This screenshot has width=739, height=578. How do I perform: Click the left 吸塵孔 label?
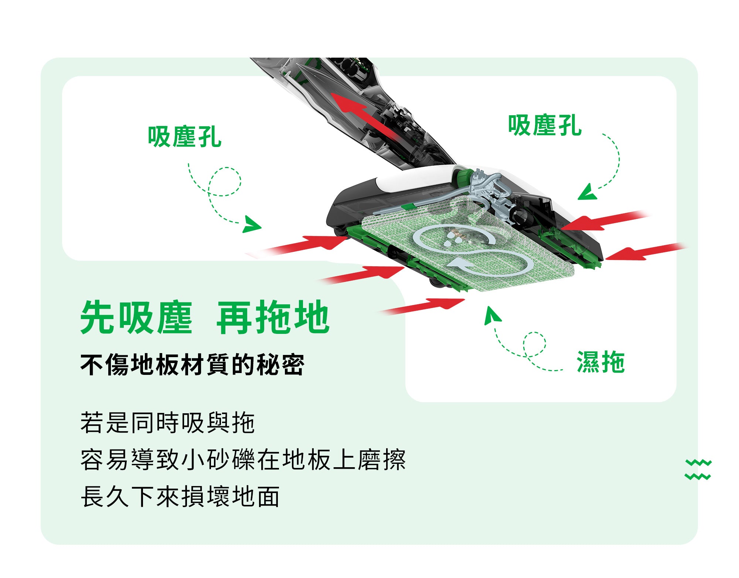(x=184, y=137)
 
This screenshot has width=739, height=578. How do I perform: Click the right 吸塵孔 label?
(x=545, y=125)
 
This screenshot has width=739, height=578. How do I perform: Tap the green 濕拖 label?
(x=600, y=362)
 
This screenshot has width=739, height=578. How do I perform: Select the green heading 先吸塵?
(x=136, y=317)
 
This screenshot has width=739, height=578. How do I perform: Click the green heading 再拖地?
(x=273, y=317)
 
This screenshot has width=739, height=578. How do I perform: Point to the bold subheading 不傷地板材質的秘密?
(x=192, y=365)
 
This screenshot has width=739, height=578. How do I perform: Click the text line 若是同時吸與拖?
(x=167, y=423)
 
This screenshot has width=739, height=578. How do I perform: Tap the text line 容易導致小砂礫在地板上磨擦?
(x=243, y=459)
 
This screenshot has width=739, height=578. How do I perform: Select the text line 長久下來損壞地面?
(x=180, y=496)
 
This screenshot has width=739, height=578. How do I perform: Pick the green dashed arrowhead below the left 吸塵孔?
(x=251, y=225)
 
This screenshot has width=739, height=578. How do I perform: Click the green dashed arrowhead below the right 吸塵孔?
(x=588, y=192)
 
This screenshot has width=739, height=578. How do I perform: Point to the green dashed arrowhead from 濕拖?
(x=492, y=315)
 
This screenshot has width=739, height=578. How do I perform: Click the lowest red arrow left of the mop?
(x=421, y=306)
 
